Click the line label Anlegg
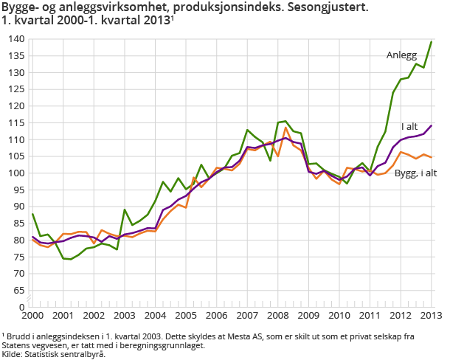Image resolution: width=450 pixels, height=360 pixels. [401, 55]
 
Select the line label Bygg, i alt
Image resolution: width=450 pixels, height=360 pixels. [415, 173]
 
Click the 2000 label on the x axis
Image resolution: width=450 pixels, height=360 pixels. [32, 316]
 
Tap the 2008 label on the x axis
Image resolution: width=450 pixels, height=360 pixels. [278, 316]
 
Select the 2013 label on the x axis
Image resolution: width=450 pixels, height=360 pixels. [432, 316]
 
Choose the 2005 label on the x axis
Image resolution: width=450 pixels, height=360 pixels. [186, 316]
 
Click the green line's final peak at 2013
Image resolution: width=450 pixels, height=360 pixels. [432, 42]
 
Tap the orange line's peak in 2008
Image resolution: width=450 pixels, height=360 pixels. [285, 127]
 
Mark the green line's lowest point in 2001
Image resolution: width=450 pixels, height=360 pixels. [71, 259]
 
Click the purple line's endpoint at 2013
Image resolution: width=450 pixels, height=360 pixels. [432, 125]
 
